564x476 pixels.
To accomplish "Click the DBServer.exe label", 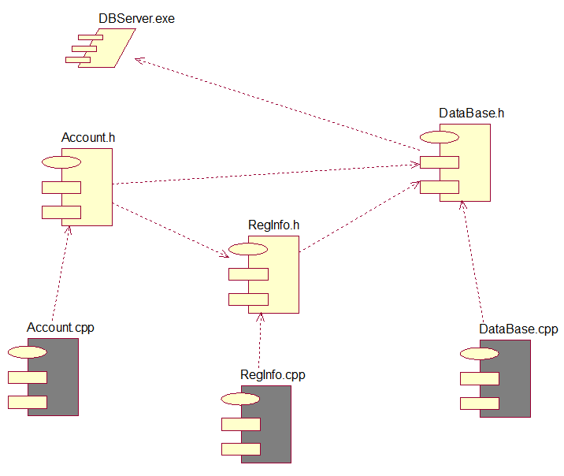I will point(136,18).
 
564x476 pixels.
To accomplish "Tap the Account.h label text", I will point(88,137).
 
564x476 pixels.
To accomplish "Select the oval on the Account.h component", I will point(61,162).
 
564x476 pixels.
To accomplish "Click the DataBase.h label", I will point(471,113).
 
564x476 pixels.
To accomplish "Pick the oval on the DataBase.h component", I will point(440,137).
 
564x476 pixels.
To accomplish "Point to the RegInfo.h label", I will point(273,225).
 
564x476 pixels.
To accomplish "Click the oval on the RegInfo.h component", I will point(248,250).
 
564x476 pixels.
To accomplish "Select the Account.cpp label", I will point(61,327).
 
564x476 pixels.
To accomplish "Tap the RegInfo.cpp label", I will point(273,375).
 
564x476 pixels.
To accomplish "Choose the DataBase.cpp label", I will point(518,329).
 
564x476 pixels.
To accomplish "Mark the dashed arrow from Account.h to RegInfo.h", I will point(169,229).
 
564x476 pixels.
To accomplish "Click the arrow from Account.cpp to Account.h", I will point(61,272).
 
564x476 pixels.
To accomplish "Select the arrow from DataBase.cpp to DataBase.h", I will point(472,260).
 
